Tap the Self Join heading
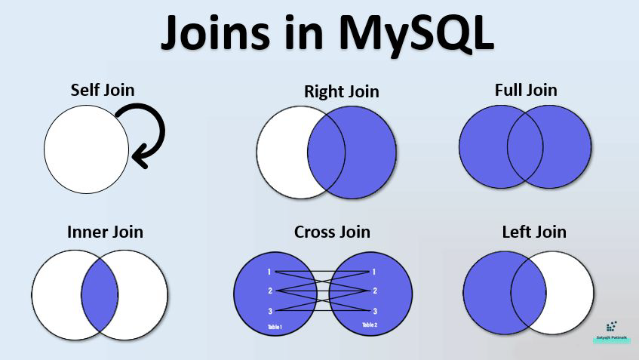click(x=103, y=90)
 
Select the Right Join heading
click(x=341, y=91)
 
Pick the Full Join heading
click(x=526, y=90)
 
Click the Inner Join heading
click(x=105, y=231)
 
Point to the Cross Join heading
click(x=332, y=231)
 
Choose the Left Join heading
click(x=534, y=231)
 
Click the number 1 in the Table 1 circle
click(x=269, y=272)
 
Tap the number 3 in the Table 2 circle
click(x=374, y=310)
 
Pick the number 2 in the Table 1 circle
click(x=269, y=291)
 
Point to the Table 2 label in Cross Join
click(x=369, y=325)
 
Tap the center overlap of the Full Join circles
click(x=526, y=146)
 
